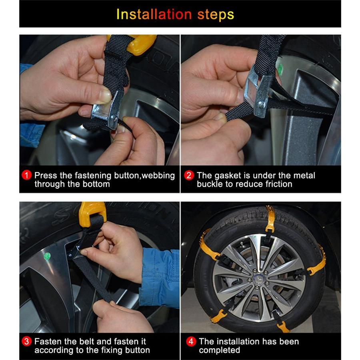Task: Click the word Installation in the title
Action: [154, 14]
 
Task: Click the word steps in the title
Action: [216, 15]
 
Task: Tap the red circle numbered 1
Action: [27, 176]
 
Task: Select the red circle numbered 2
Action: [189, 176]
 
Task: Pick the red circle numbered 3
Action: [27, 342]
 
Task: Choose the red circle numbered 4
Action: [191, 342]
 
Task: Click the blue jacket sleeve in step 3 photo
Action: [160, 278]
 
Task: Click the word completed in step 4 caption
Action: [220, 350]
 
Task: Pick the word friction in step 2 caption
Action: [279, 184]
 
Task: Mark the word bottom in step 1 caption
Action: [96, 184]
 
